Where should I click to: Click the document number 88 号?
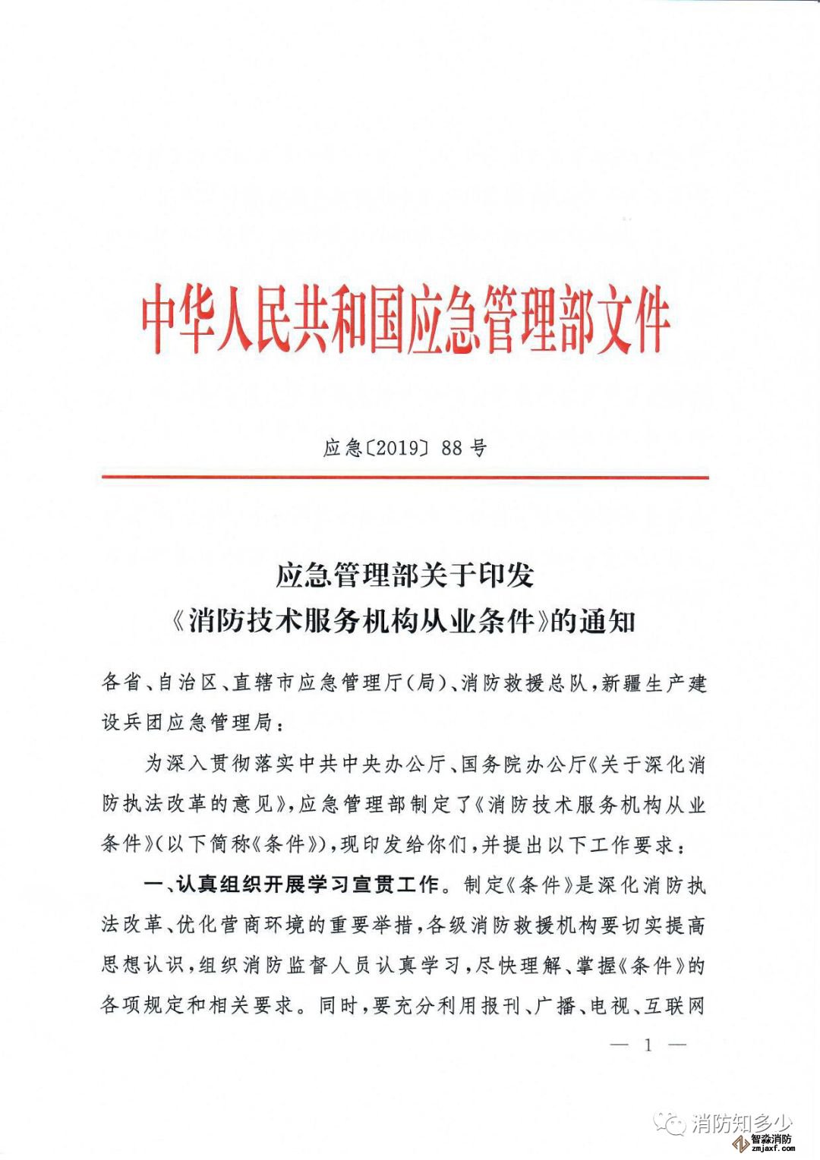pos(463,448)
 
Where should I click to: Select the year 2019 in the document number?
pos(397,448)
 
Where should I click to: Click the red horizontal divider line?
pos(405,478)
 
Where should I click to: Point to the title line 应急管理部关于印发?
pos(405,575)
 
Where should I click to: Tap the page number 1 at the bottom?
pos(648,1045)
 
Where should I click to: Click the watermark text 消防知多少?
pos(741,1122)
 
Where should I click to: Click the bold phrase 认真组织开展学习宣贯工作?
pos(307,884)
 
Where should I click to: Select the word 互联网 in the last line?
pos(675,1006)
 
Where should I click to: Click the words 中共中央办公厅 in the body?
pos(372,764)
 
